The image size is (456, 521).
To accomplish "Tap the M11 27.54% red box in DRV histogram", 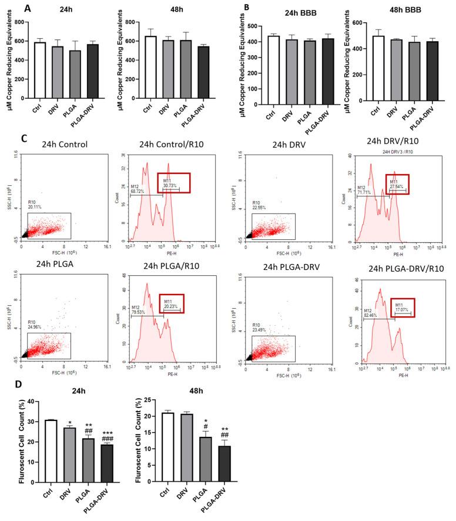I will point(397,183).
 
